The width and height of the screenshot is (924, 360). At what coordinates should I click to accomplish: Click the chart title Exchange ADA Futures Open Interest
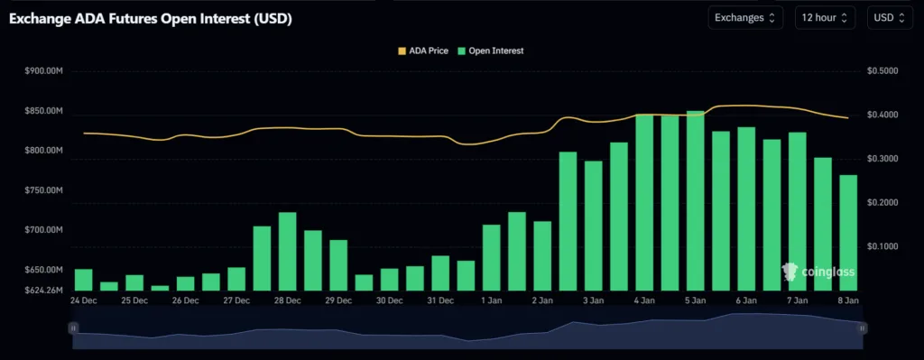pyautogui.click(x=150, y=18)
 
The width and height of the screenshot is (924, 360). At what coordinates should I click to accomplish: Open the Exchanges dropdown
pyautogui.click(x=745, y=18)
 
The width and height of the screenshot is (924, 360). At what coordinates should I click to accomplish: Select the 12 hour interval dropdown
pyautogui.click(x=826, y=18)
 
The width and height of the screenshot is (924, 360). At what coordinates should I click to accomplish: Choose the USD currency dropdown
pyautogui.click(x=890, y=18)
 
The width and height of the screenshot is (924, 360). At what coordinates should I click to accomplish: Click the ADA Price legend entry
pyautogui.click(x=423, y=51)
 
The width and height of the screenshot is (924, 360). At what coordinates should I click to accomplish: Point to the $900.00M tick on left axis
pyautogui.click(x=44, y=70)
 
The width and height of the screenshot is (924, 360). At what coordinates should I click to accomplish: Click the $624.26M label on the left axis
pyautogui.click(x=44, y=291)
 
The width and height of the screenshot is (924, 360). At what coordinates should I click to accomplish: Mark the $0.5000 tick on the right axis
pyautogui.click(x=881, y=70)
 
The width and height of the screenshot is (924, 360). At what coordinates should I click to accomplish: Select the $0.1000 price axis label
pyautogui.click(x=881, y=246)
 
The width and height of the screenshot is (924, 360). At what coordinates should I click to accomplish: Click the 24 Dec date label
pyautogui.click(x=83, y=300)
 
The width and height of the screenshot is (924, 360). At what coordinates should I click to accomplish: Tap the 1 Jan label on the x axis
pyautogui.click(x=491, y=300)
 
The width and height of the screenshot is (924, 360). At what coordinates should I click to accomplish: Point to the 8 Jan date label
pyautogui.click(x=848, y=300)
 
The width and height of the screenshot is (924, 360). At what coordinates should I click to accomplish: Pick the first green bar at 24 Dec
pyautogui.click(x=83, y=280)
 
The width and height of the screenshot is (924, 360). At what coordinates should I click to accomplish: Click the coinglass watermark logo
pyautogui.click(x=818, y=272)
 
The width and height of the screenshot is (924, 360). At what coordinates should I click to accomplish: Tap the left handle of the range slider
pyautogui.click(x=73, y=329)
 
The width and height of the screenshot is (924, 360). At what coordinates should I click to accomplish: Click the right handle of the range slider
pyautogui.click(x=862, y=329)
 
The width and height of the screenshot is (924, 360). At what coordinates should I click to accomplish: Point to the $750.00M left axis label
pyautogui.click(x=44, y=190)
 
